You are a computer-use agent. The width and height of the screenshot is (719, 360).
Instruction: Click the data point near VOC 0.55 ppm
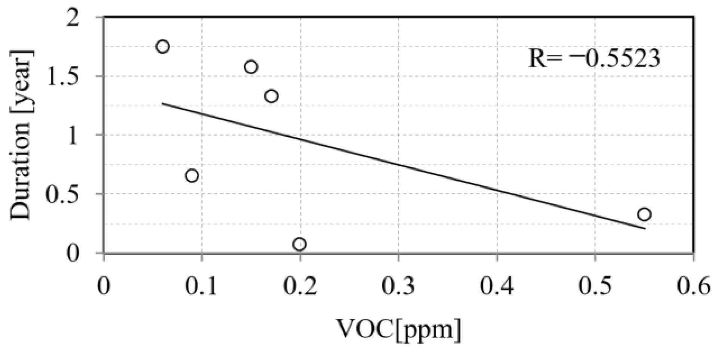(644, 214)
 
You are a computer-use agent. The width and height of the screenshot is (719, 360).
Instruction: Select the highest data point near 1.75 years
(163, 47)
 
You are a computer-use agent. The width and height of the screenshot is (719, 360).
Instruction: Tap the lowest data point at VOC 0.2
(300, 244)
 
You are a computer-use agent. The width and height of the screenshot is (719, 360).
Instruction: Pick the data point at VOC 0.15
(251, 67)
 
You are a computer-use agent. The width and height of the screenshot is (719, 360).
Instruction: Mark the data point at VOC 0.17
(271, 96)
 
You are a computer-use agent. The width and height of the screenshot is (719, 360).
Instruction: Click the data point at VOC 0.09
(192, 176)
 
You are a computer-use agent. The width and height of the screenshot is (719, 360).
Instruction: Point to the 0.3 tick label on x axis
(398, 287)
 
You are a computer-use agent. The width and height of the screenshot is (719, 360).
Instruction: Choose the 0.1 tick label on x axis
(202, 287)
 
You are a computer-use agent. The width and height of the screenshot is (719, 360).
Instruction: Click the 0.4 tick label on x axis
(497, 287)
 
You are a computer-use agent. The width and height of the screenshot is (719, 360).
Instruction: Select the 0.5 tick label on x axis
(595, 287)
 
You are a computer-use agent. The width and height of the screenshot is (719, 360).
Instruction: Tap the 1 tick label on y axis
(73, 136)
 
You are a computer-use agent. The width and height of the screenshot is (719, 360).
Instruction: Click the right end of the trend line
(645, 229)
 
